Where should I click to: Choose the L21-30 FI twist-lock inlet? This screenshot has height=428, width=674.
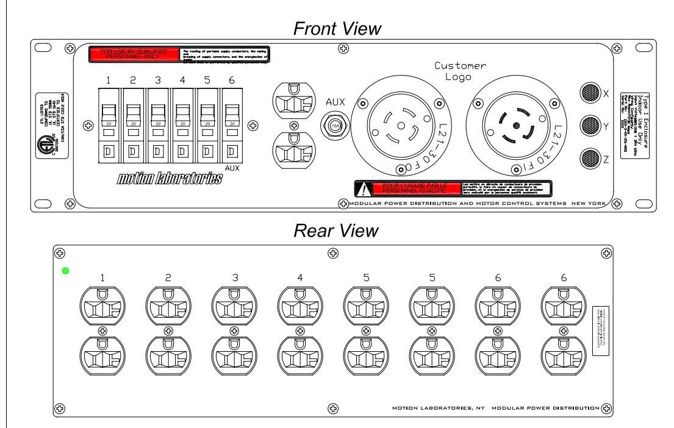pos(513,126)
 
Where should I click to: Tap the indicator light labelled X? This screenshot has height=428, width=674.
pos(589,94)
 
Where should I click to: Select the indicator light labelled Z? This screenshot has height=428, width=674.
pos(589,159)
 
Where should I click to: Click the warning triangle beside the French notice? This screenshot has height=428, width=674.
pos(364,189)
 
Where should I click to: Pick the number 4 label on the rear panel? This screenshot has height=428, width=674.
pos(299,277)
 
